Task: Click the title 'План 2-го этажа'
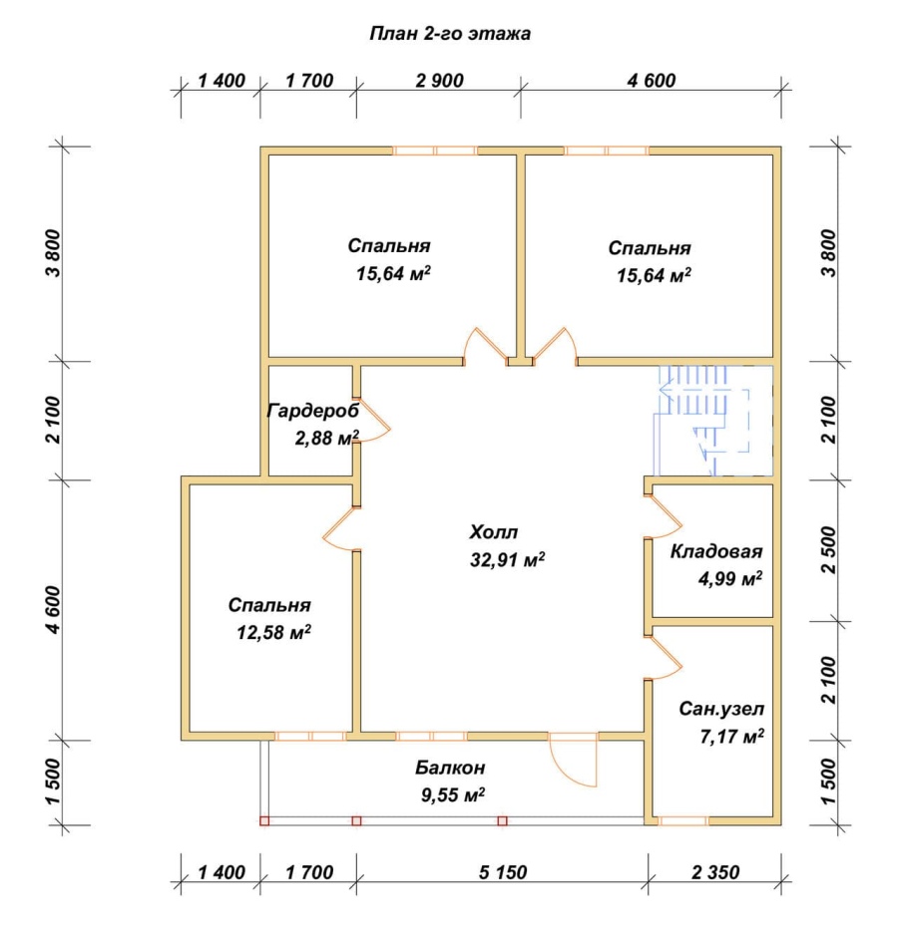450,33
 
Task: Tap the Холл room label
493,532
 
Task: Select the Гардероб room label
313,411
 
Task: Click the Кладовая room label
716,551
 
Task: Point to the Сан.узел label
721,709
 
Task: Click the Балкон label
450,768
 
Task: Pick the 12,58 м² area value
273,632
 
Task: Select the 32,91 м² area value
508,560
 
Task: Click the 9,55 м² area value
453,795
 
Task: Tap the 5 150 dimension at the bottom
503,872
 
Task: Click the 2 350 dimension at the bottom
715,872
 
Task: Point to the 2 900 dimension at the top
439,80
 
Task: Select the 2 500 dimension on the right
829,550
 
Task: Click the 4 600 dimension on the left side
53,610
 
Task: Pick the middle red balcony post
356,820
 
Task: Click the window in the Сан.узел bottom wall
683,820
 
